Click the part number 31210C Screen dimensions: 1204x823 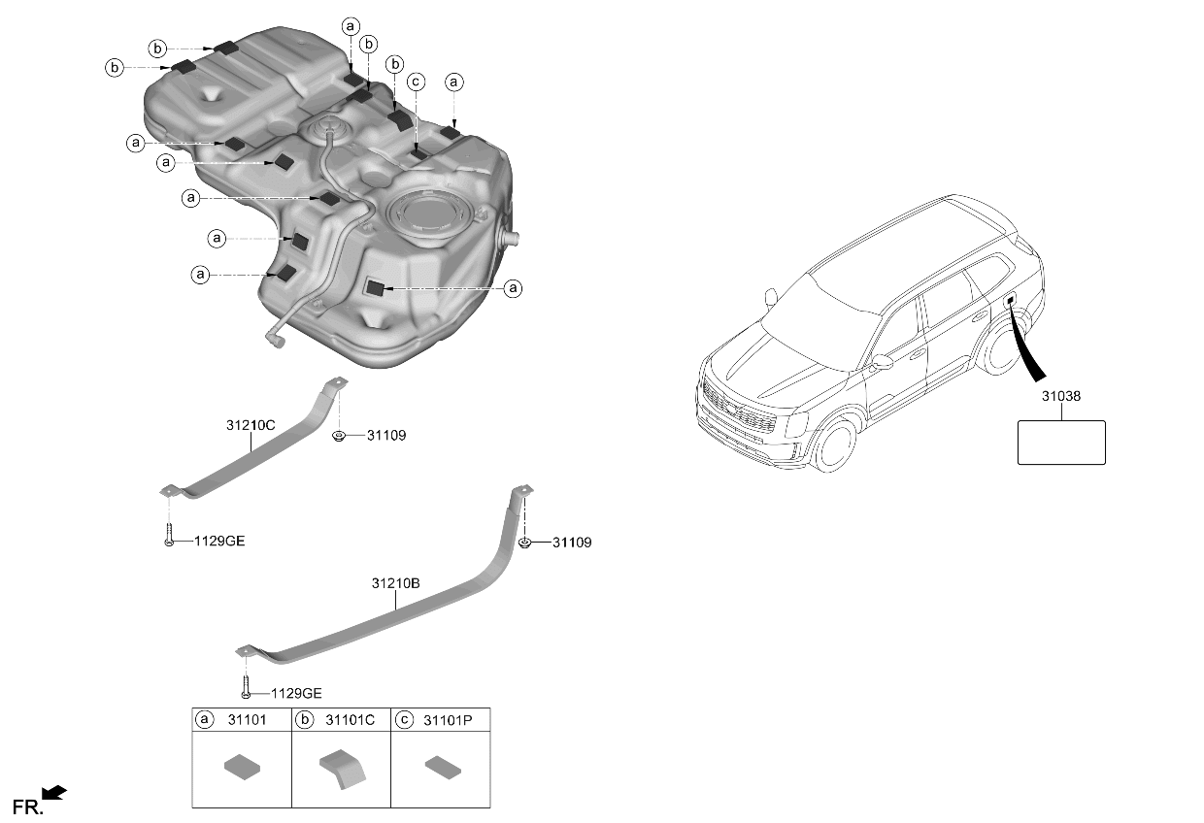pyautogui.click(x=251, y=425)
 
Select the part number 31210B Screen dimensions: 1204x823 pyautogui.click(x=395, y=583)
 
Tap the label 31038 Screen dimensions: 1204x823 pyautogui.click(x=1061, y=396)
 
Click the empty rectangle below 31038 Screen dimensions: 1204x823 pyautogui.click(x=1061, y=443)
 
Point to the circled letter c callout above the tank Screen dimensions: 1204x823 pyautogui.click(x=416, y=82)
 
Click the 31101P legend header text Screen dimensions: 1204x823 pyautogui.click(x=448, y=720)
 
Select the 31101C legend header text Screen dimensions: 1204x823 pyautogui.click(x=350, y=720)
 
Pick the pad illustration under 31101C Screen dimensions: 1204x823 pyautogui.click(x=343, y=770)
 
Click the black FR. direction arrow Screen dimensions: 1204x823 pyautogui.click(x=53, y=794)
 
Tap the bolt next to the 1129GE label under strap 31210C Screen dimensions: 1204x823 pyautogui.click(x=169, y=535)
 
